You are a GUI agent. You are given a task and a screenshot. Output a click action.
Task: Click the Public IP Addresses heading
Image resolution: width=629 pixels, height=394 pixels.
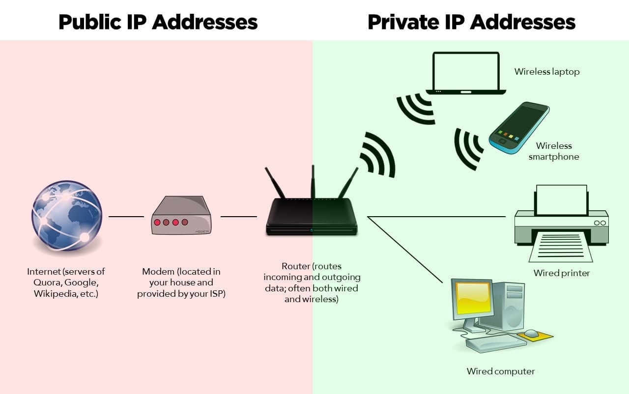pyautogui.click(x=158, y=22)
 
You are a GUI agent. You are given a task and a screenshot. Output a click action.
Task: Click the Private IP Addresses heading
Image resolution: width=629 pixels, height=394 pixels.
pyautogui.click(x=471, y=22)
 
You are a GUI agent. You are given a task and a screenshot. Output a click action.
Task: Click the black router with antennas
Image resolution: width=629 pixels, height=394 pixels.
pyautogui.click(x=312, y=216)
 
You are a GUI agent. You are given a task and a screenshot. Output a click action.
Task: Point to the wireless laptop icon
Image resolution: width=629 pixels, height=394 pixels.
pyautogui.click(x=465, y=74)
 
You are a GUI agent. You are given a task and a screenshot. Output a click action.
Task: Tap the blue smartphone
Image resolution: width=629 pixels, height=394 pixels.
pyautogui.click(x=519, y=127)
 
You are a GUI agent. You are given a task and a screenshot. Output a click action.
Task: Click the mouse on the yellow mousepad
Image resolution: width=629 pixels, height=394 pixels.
pyautogui.click(x=531, y=334)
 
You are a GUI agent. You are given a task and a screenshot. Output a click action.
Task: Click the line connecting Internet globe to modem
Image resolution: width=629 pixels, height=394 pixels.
pyautogui.click(x=126, y=216)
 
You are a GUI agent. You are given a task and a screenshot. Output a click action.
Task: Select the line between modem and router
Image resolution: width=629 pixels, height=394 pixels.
pyautogui.click(x=238, y=216)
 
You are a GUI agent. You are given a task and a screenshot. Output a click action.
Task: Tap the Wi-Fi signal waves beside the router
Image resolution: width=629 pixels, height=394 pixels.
pyautogui.click(x=378, y=154)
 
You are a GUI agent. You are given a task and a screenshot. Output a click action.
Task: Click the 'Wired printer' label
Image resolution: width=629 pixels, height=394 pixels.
pyautogui.click(x=562, y=273)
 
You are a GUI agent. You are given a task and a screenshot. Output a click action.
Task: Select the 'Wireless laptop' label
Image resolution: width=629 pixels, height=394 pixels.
pyautogui.click(x=547, y=72)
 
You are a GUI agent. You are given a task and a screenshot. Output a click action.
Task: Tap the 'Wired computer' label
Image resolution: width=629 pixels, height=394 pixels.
pyautogui.click(x=500, y=371)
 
